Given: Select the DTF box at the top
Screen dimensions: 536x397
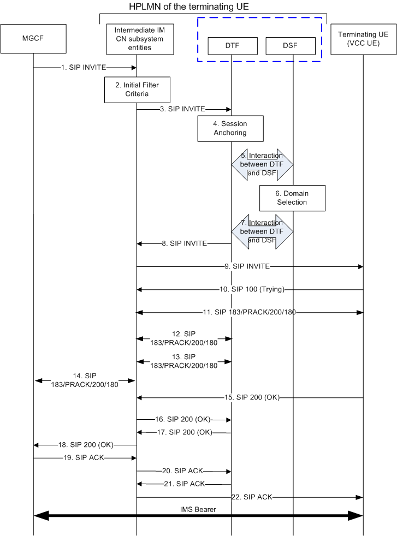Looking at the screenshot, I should point(232,46).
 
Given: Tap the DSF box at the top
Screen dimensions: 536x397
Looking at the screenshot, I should point(291,46).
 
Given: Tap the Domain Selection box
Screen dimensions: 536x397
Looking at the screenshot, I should point(292,198).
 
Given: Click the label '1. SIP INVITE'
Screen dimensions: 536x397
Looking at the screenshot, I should point(84,68).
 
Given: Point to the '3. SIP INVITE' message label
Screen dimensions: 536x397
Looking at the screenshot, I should point(183,109).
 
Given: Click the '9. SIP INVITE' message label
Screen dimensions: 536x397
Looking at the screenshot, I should point(247,266).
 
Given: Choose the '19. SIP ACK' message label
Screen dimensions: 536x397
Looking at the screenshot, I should point(82,458).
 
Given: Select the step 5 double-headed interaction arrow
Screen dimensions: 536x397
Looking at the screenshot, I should point(262,164).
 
